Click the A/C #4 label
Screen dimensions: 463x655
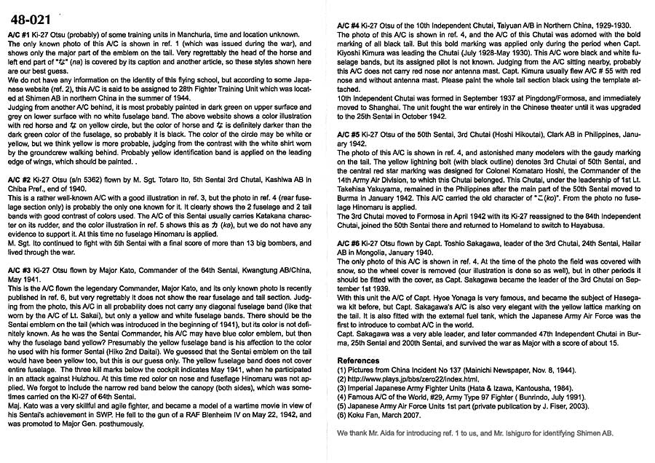[351, 27]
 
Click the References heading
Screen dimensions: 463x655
[359, 360]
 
